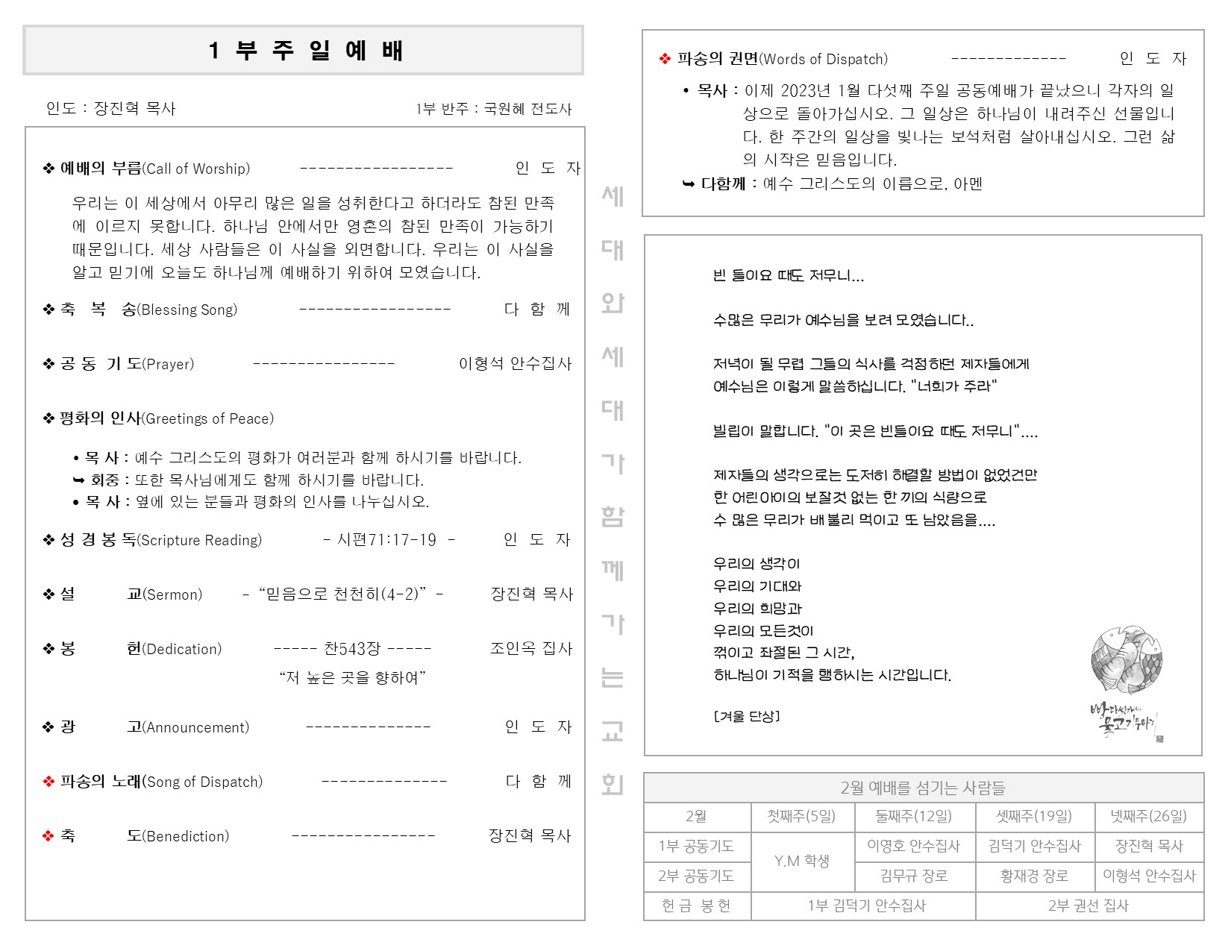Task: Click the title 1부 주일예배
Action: click(305, 51)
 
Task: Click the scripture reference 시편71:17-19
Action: click(386, 539)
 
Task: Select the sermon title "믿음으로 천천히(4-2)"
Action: click(342, 594)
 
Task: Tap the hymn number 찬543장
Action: click(352, 648)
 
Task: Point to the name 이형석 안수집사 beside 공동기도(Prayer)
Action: click(515, 363)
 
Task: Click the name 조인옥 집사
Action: click(530, 648)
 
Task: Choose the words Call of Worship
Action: click(198, 169)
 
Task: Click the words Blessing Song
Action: click(188, 310)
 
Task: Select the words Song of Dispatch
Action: click(204, 782)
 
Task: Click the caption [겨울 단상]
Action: click(747, 716)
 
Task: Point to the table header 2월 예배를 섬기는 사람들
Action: click(923, 788)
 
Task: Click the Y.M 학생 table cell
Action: click(802, 861)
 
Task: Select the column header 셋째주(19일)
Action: click(1034, 816)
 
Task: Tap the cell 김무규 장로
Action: click(914, 876)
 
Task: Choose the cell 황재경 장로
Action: click(1034, 876)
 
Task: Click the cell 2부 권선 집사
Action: click(1089, 906)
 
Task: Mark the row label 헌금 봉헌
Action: click(696, 906)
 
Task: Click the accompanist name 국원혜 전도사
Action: click(527, 109)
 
